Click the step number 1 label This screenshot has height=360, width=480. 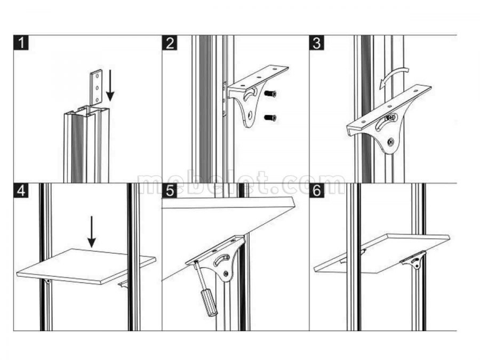[20, 43]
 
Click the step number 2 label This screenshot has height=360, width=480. [170, 43]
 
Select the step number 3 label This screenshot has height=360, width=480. [317, 43]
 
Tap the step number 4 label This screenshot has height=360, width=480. [20, 190]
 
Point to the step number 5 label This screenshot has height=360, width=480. [170, 190]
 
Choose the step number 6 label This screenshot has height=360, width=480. [317, 190]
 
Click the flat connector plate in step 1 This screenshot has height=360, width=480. [96, 87]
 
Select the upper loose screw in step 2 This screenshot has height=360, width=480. [270, 94]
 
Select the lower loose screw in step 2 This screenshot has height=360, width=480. [270, 117]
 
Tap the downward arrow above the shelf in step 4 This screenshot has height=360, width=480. [92, 231]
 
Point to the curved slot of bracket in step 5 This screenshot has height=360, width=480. [223, 260]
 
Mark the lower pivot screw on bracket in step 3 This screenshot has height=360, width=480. [390, 142]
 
